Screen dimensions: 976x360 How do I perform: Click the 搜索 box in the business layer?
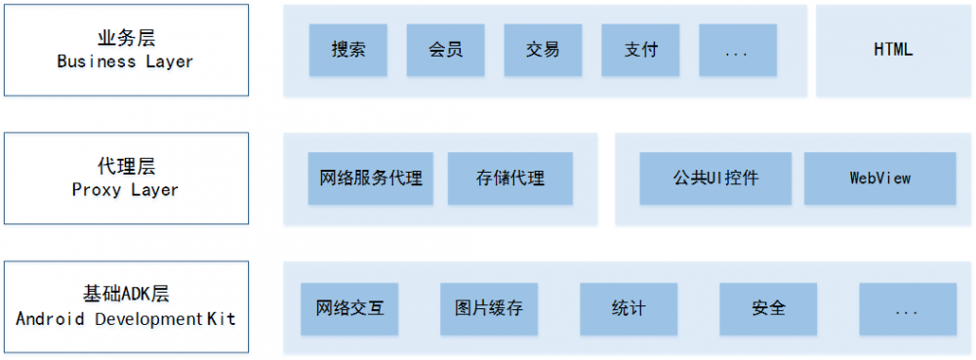(x=348, y=50)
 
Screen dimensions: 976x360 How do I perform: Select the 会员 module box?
(x=446, y=50)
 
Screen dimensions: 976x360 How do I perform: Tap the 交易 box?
(x=543, y=50)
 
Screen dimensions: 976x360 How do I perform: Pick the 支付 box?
(x=640, y=50)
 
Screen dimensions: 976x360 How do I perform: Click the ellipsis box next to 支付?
(x=738, y=50)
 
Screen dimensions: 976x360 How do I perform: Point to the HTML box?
(x=893, y=50)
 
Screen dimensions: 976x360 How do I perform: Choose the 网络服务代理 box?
(x=371, y=179)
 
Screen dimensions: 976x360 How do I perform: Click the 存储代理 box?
(x=510, y=179)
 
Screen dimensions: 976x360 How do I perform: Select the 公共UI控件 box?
(x=715, y=179)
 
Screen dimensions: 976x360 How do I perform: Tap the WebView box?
(x=879, y=179)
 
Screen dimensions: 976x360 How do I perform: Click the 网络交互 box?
(x=349, y=308)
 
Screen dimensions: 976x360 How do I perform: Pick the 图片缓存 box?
(x=489, y=308)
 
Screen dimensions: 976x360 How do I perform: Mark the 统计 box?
(x=629, y=308)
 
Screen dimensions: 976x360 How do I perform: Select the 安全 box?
(x=769, y=308)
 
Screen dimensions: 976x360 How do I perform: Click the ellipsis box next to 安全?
(x=908, y=308)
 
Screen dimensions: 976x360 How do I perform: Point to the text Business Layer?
(x=125, y=61)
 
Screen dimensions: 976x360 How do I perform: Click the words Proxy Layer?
(x=125, y=190)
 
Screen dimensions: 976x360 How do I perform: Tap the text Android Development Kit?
(x=125, y=319)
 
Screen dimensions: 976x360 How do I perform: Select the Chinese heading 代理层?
(x=126, y=167)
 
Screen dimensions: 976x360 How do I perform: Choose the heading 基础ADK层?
(x=126, y=295)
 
